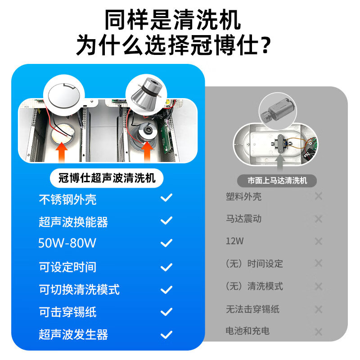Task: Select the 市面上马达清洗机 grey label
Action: pyautogui.click(x=277, y=180)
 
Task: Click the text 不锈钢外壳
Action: pyautogui.click(x=67, y=200)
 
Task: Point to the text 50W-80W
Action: pyautogui.click(x=67, y=243)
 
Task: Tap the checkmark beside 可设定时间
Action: pyautogui.click(x=166, y=267)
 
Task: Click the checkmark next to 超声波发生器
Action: pyautogui.click(x=166, y=334)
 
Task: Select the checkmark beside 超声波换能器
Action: pyautogui.click(x=166, y=220)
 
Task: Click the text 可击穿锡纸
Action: pyautogui.click(x=67, y=312)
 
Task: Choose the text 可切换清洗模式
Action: pyautogui.click(x=79, y=289)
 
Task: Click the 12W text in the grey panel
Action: pyautogui.click(x=234, y=241)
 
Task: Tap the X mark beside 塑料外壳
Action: pyautogui.click(x=319, y=196)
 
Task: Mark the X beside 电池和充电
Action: pyautogui.click(x=319, y=332)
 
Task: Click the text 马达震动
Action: pyautogui.click(x=243, y=219)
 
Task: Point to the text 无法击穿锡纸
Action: pyautogui.click(x=252, y=309)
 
